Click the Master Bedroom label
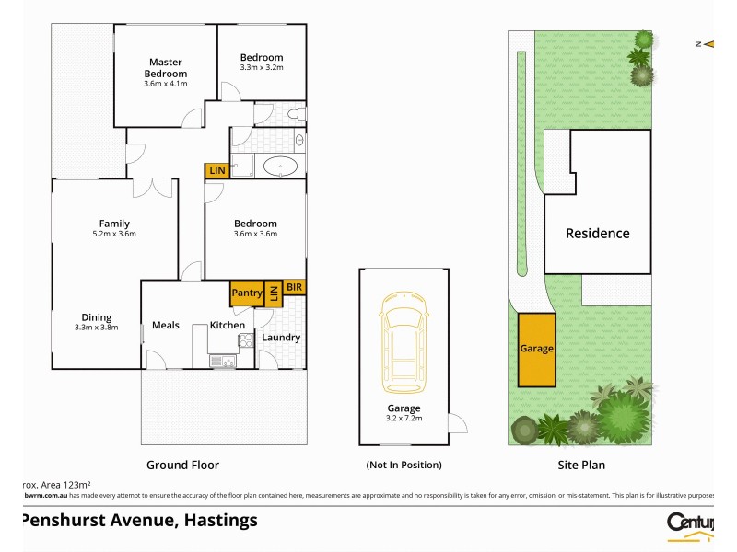coord(166,68)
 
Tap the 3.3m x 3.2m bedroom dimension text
coord(262,68)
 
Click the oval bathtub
coord(280,167)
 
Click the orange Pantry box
coord(247,293)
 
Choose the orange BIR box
coord(294,287)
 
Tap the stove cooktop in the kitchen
coord(246,340)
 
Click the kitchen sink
coord(222,362)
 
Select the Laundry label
coord(281,338)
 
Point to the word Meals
coord(166,326)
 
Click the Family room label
coord(114,224)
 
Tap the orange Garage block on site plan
coord(537,349)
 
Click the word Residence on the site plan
coord(597,234)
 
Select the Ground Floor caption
coord(182,466)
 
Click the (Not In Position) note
coord(404,466)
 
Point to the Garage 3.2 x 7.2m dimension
coord(404,419)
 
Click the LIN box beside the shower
coord(217,170)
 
